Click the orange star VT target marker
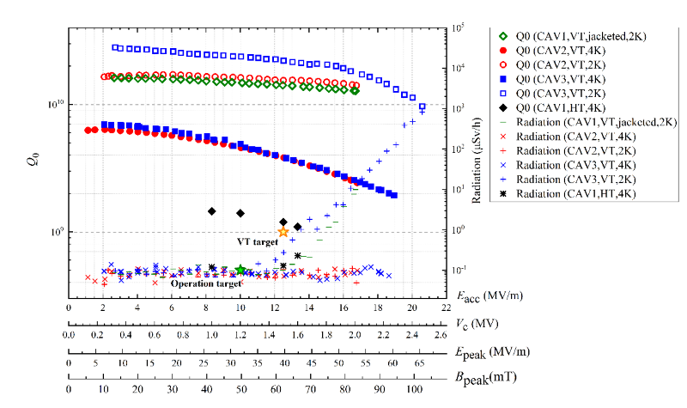pos(283,232)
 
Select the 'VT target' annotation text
pos(255,243)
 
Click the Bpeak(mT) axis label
pos(487,376)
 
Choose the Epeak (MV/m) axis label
pos(490,350)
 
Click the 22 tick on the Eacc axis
pos(447,307)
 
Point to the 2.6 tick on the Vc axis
pos(441,334)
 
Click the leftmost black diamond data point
pos(211,211)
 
